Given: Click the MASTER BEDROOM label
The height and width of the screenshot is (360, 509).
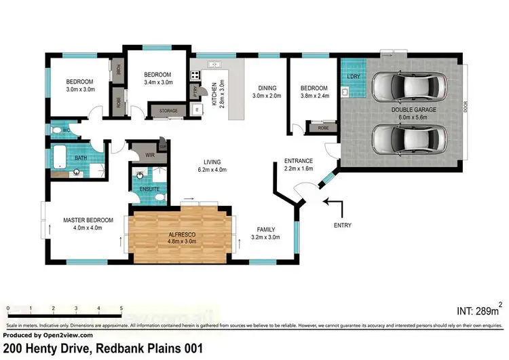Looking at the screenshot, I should point(88,220).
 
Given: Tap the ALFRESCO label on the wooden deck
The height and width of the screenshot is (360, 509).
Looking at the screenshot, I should point(181,234).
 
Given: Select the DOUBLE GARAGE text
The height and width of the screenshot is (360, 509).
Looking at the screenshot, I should point(413,109).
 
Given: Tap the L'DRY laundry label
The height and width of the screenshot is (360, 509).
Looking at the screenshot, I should point(353,76).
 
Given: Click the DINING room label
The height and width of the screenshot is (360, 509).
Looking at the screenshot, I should point(266,88).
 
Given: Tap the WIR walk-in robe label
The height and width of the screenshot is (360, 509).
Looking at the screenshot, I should point(150,155).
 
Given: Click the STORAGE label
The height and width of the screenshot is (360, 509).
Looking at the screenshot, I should point(168,111).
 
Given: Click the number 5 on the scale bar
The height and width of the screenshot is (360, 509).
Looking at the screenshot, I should point(121,308).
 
